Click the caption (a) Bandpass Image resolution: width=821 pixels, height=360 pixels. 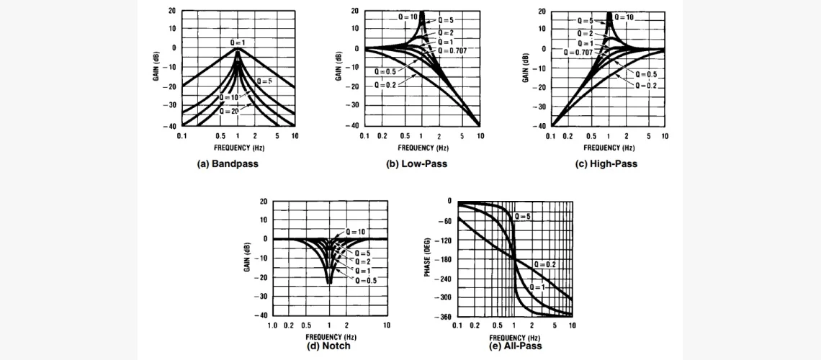(228, 163)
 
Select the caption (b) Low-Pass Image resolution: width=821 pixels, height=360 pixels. (417, 163)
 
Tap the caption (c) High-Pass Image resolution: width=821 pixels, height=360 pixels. (606, 163)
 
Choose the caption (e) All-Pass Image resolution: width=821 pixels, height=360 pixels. (514, 346)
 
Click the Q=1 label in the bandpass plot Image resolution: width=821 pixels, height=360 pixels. (238, 43)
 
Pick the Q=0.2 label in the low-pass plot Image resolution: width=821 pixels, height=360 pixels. (384, 85)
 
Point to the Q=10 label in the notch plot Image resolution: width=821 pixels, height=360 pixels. (355, 232)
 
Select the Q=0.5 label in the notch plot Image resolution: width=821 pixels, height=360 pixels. (365, 279)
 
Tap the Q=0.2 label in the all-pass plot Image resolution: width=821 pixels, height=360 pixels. (545, 264)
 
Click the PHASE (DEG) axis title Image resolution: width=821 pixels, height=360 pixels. (426, 257)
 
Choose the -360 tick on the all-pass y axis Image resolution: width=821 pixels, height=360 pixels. (444, 315)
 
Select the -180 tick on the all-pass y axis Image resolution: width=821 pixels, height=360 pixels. (444, 258)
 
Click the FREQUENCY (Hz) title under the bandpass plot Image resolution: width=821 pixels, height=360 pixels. (238, 148)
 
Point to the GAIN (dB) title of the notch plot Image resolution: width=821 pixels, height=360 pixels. (246, 257)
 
